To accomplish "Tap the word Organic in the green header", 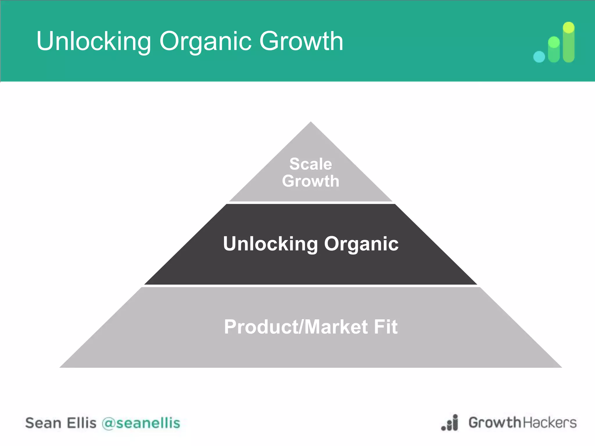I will click(205, 41).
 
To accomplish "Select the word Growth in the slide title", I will click(301, 41).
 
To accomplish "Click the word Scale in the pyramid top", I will click(311, 164).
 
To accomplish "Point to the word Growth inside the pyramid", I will click(311, 181).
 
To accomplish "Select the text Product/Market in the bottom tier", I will click(296, 327).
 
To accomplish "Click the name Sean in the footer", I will click(43, 423).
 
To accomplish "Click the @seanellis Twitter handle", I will click(141, 423).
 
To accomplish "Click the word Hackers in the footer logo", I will click(550, 422).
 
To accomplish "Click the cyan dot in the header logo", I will click(539, 57).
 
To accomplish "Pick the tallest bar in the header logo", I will click(569, 42).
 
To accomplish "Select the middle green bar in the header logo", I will click(554, 49).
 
